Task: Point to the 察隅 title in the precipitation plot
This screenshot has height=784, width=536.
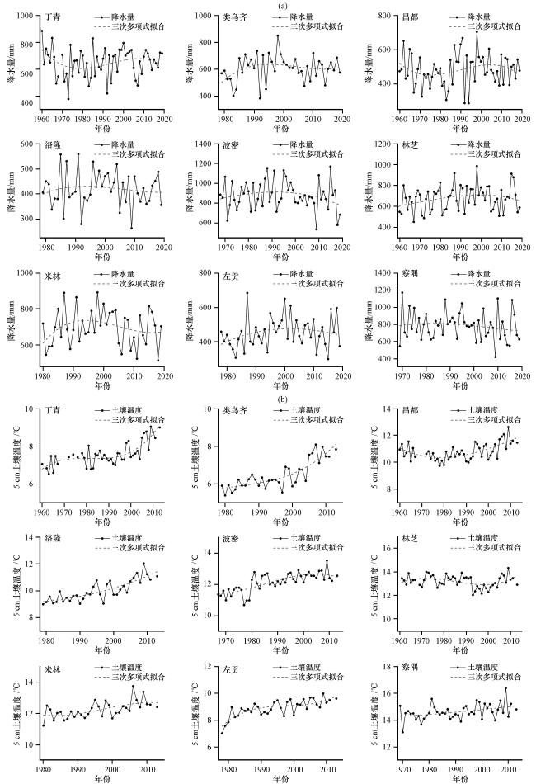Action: coord(413,275)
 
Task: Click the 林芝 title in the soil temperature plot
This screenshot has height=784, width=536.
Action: coord(413,539)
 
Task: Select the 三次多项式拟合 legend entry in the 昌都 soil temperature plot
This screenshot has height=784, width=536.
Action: coord(495,420)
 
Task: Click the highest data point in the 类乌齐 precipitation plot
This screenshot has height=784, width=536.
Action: coord(278,35)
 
